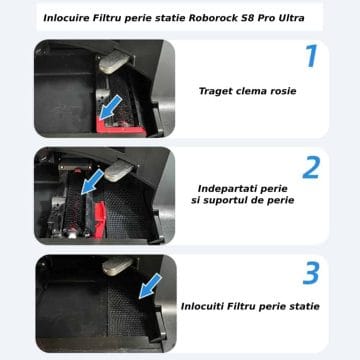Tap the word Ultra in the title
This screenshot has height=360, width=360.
coord(291,18)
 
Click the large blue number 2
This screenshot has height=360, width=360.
coord(311,167)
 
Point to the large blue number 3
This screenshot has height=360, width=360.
coord(311,273)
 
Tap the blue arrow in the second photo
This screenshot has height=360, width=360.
coord(92,181)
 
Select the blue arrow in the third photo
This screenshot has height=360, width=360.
coord(150,286)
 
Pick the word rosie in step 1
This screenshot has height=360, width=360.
coord(282,91)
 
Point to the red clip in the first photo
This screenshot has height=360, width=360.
coord(120,128)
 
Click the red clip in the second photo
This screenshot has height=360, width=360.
coord(100,220)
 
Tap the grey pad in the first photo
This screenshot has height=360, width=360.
coord(114,62)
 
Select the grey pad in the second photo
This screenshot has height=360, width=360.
coord(119,171)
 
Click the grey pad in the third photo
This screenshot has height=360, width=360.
coord(117,265)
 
